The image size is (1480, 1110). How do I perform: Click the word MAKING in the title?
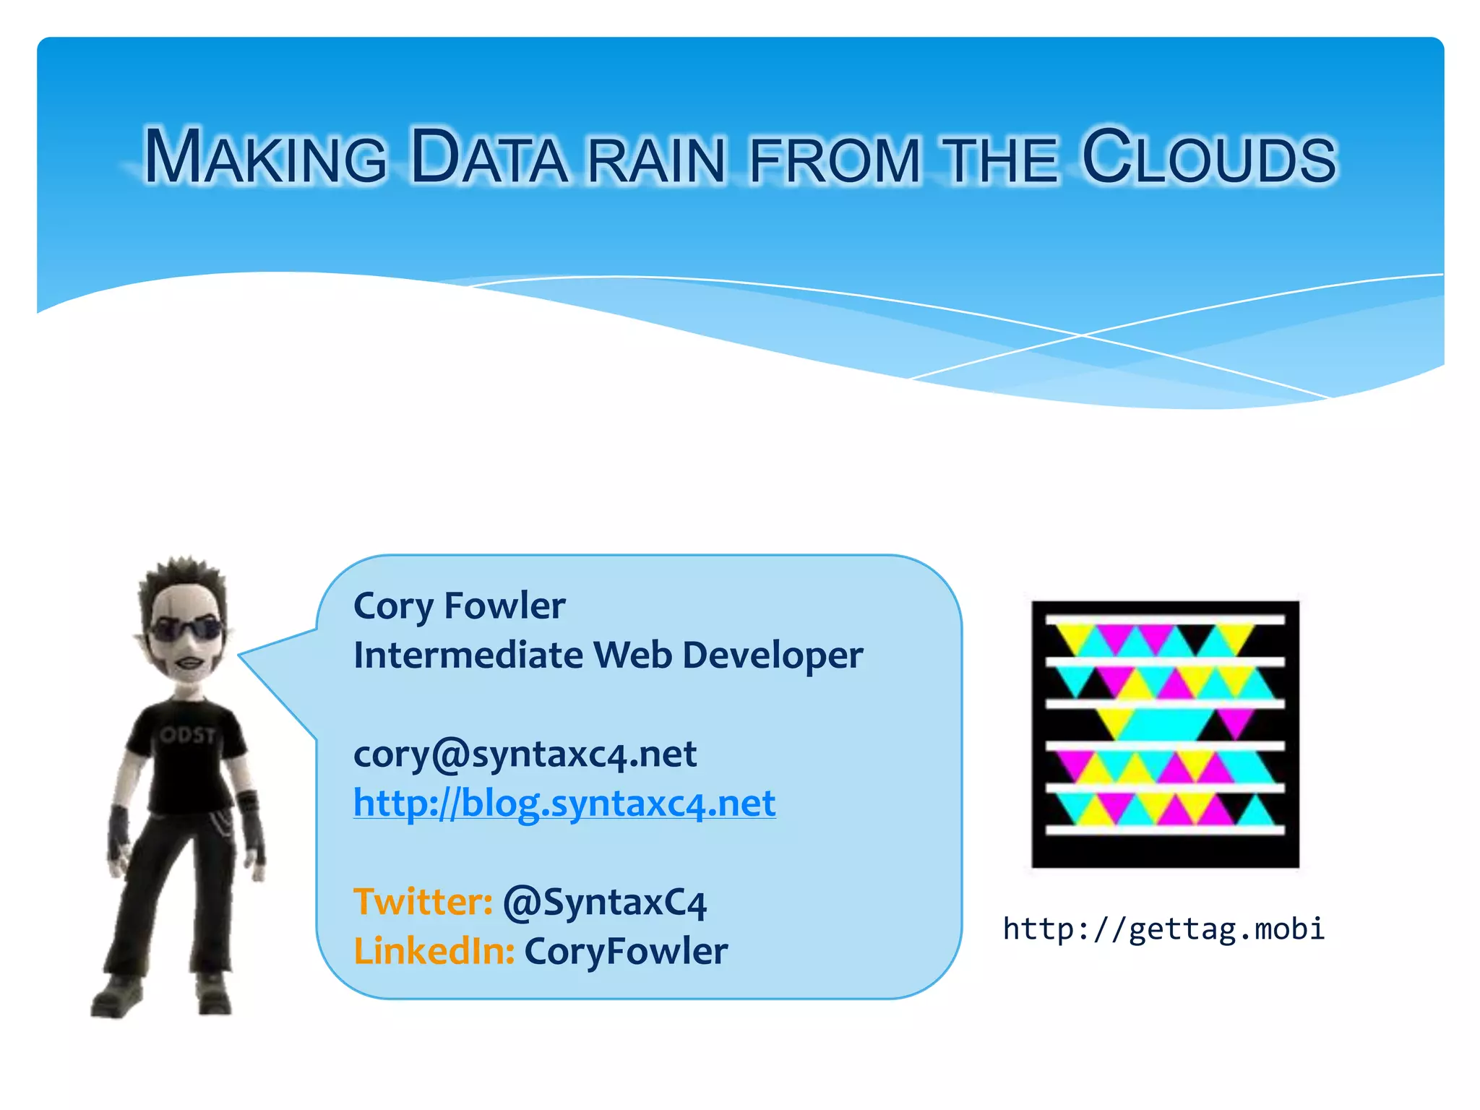[x=266, y=157]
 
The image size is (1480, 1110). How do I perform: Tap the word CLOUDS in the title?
[x=1209, y=157]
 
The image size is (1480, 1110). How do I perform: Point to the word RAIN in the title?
[x=656, y=160]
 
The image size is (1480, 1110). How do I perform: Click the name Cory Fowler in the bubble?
[x=459, y=606]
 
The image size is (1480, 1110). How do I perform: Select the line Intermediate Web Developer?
[x=608, y=655]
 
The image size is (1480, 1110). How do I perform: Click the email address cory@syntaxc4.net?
[x=525, y=754]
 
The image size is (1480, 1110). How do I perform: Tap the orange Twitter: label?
[x=423, y=902]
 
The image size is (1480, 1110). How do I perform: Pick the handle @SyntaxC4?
[x=605, y=903]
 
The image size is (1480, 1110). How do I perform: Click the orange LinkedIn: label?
[x=434, y=951]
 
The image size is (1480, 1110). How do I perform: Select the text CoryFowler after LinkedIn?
[x=626, y=951]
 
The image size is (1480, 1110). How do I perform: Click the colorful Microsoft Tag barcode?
[x=1165, y=733]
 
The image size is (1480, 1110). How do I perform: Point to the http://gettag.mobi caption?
[x=1163, y=929]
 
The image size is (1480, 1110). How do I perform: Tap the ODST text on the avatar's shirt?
[x=188, y=736]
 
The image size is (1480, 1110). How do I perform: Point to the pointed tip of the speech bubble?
[x=242, y=655]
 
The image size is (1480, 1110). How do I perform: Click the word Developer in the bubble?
[x=773, y=655]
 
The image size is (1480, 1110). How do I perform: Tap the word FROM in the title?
[x=835, y=160]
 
